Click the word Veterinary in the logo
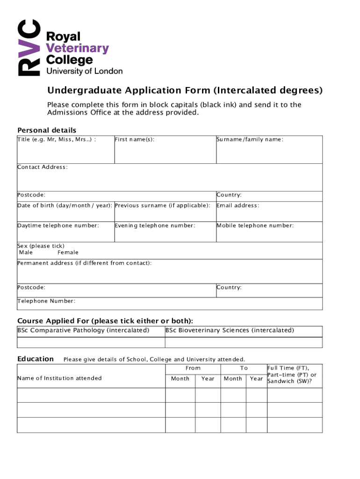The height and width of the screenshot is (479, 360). (77, 48)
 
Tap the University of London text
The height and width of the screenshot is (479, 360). (84, 71)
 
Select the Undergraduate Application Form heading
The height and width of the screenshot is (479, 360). (185, 90)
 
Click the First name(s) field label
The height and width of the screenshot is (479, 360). (135, 139)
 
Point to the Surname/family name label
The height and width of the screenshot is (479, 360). (250, 139)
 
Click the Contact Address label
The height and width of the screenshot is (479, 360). (43, 167)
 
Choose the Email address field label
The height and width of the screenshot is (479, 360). (238, 205)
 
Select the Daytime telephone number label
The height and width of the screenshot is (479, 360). (58, 225)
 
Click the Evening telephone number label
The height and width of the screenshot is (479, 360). (155, 225)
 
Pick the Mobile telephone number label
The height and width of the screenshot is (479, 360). (255, 225)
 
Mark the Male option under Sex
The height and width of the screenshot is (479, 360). (26, 253)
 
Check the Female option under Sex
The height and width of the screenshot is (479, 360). (68, 253)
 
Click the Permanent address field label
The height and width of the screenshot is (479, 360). (84, 263)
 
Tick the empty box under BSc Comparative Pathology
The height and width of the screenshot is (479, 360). (91, 342)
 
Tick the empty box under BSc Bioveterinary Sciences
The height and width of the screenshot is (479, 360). (244, 342)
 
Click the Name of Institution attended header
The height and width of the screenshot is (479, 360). (59, 378)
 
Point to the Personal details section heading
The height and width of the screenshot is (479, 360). (47, 130)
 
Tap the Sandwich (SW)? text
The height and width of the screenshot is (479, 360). (288, 381)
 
